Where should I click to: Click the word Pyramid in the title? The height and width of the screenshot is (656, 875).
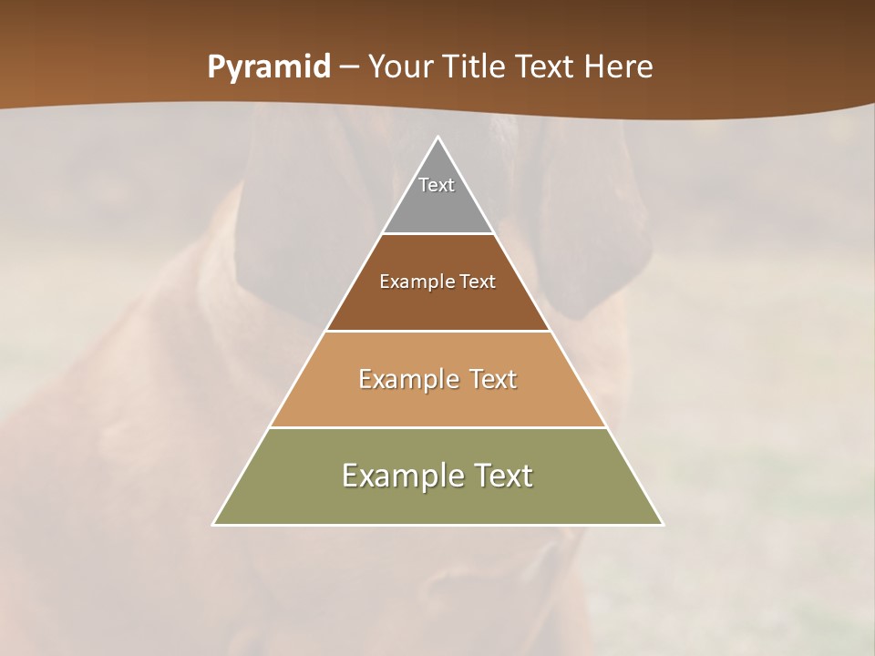click(x=269, y=67)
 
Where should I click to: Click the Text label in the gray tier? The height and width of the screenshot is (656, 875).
click(x=437, y=185)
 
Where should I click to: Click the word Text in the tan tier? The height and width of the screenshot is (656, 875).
click(x=493, y=379)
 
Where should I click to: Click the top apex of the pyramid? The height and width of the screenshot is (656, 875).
click(x=437, y=138)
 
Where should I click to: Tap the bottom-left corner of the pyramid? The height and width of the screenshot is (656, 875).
click(x=214, y=524)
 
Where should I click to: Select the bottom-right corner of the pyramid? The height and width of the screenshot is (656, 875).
click(x=662, y=524)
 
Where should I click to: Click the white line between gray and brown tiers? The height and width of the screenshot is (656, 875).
click(x=437, y=234)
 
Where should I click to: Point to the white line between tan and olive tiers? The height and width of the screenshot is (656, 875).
click(x=437, y=427)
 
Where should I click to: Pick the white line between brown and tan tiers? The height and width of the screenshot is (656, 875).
click(x=437, y=331)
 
